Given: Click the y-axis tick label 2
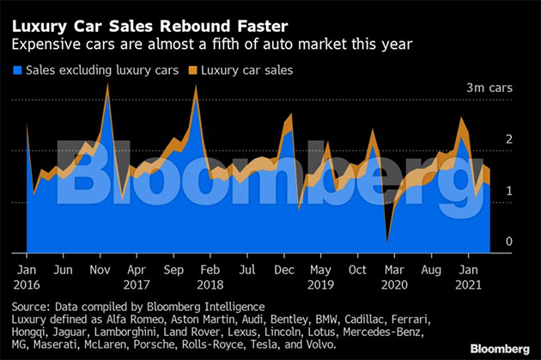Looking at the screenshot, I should (x=508, y=139).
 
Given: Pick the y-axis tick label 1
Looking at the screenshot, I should (x=508, y=191).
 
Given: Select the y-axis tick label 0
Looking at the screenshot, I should (x=508, y=241).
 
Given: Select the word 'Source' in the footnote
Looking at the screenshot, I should (x=29, y=306).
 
